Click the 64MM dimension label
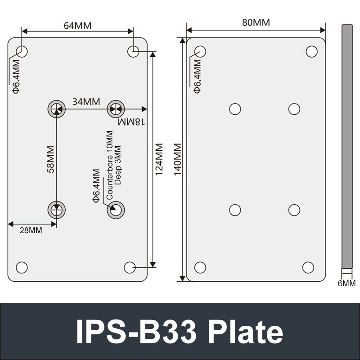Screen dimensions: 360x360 click(77, 26)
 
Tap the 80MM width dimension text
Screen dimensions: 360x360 click(256, 22)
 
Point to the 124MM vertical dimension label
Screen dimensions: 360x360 click(159, 160)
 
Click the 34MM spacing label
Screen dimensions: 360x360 click(86, 102)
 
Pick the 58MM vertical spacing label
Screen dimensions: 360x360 click(50, 159)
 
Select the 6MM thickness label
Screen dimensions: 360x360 click(346, 283)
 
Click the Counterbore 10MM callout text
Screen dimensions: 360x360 click(109, 166)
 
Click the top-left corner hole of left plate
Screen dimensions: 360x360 click(22, 51)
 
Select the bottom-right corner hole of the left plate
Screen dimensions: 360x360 click(130, 267)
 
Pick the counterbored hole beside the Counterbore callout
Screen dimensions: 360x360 click(116, 209)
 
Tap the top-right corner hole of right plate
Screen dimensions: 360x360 click(311, 52)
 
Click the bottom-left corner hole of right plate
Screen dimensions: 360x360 click(200, 267)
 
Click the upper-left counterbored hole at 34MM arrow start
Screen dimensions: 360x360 click(56, 108)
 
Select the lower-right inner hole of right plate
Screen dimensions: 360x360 click(294, 210)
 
